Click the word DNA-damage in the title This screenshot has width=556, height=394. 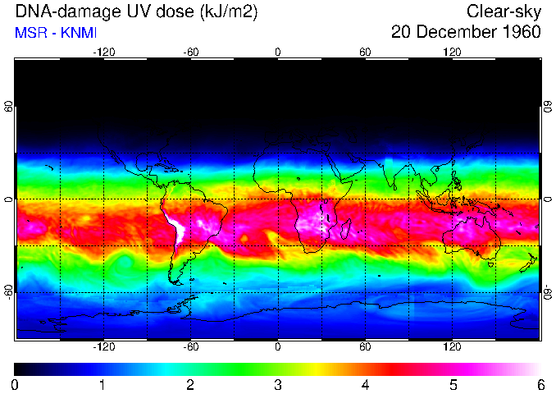pos(59,11)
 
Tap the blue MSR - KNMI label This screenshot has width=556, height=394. pos(56,33)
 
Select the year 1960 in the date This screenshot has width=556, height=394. pos(520,33)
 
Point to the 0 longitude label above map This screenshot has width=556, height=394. pos(278,53)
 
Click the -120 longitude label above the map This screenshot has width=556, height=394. pos(103,53)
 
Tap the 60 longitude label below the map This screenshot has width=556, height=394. pos(365,347)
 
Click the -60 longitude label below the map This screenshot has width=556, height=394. pos(190,347)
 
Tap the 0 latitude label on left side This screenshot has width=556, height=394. pos(8,199)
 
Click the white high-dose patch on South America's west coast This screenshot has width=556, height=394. pos(177,227)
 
